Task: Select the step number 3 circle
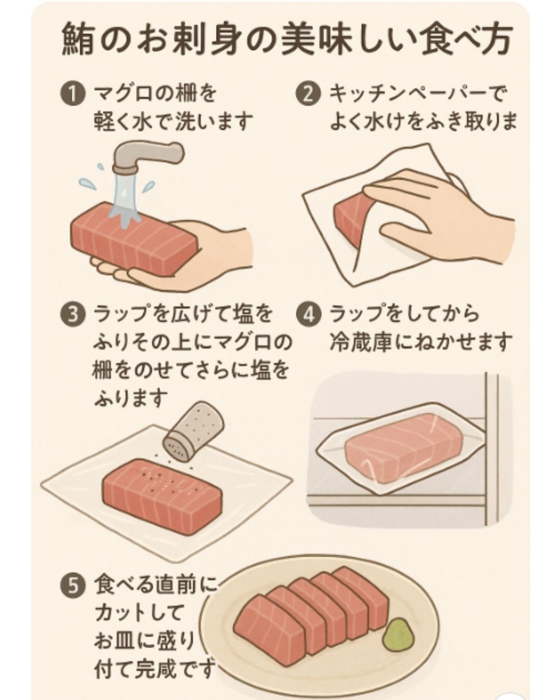(x=73, y=315)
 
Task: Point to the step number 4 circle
(x=308, y=315)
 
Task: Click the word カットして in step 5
(x=139, y=613)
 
